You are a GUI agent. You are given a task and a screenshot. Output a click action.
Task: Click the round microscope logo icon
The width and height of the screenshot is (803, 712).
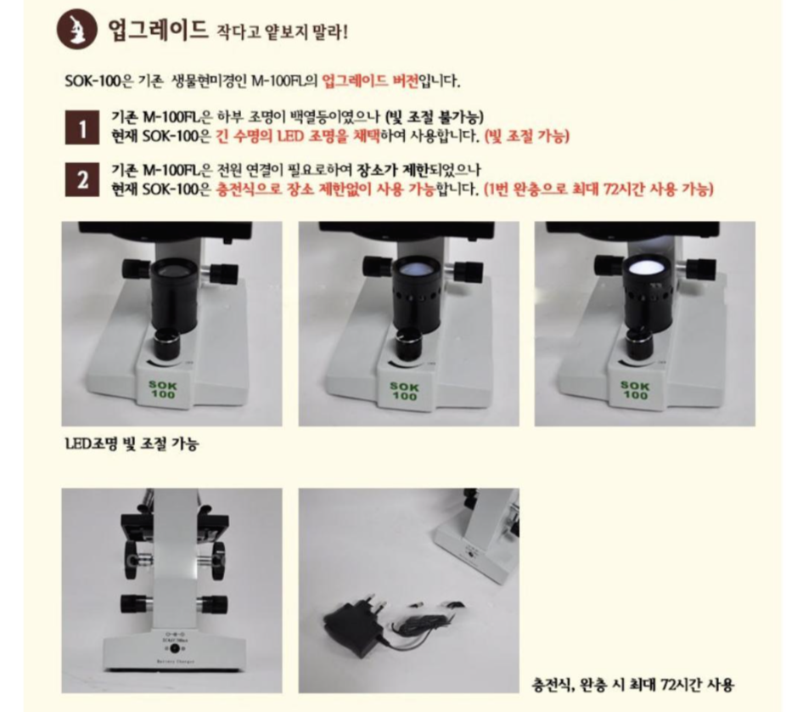(76, 29)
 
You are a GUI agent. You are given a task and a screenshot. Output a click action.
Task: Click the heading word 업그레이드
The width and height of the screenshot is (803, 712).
(157, 31)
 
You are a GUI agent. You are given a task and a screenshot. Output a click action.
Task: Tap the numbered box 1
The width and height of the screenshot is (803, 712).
(82, 127)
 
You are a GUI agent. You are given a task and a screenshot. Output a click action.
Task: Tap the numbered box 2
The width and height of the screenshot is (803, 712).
(82, 180)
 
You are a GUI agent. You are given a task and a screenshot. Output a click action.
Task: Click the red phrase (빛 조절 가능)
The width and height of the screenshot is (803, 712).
(527, 136)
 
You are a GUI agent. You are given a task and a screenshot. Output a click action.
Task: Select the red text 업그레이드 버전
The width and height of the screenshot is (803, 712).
(371, 81)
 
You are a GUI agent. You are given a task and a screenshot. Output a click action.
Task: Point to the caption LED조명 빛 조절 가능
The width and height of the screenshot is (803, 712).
(132, 444)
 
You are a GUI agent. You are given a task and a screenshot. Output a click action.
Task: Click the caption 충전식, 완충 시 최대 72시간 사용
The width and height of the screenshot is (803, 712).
(632, 684)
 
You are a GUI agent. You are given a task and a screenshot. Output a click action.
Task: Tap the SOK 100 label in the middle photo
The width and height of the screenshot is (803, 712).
(405, 391)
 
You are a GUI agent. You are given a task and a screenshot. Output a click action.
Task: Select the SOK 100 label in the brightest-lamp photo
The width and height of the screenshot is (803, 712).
(635, 390)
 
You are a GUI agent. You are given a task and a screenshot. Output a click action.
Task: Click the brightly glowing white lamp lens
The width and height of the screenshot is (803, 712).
(646, 268)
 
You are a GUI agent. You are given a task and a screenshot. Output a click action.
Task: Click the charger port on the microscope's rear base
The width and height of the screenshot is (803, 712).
(175, 648)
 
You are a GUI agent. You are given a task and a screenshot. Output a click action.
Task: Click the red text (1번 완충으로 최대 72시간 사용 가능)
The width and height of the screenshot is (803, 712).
(598, 189)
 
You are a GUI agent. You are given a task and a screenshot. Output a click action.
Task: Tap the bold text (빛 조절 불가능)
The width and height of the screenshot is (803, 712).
(435, 117)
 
